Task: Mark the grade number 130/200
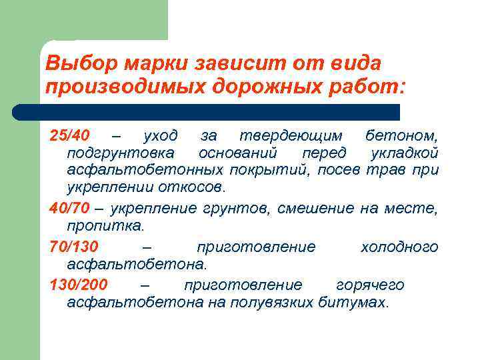coord(79,285)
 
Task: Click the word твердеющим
coord(291,136)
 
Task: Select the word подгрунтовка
coord(119,154)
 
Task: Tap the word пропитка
coord(105,226)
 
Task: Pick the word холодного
coord(399,247)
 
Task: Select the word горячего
coord(370,285)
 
